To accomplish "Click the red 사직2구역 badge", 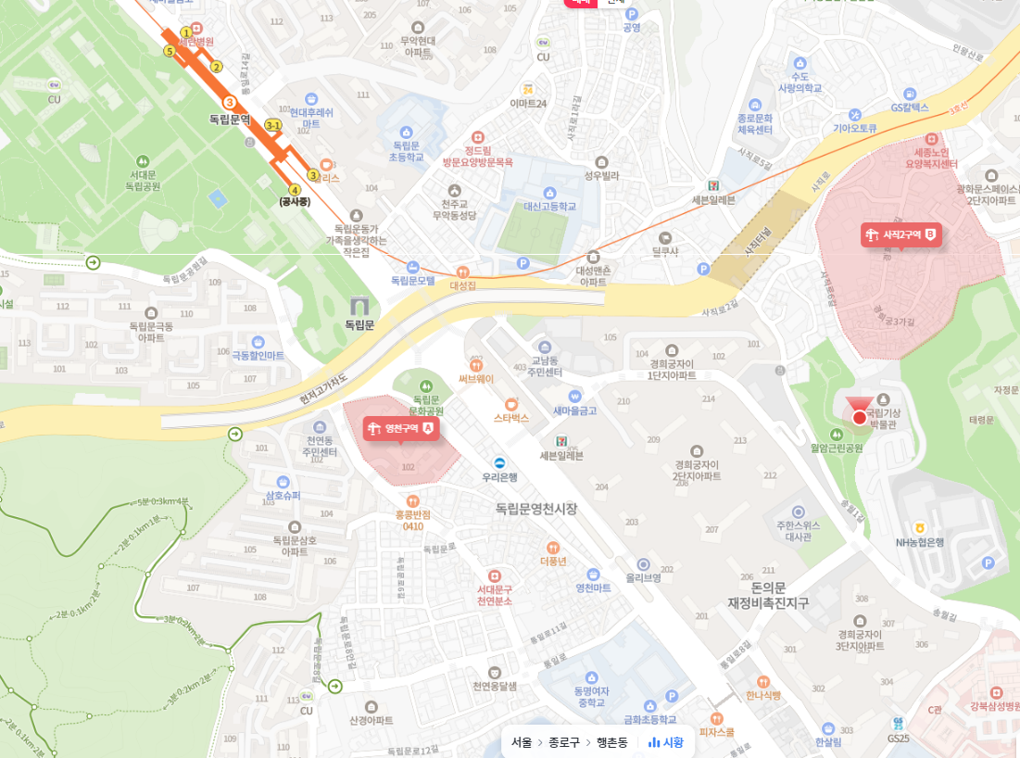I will point(900,234).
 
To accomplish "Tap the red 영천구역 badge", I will point(400,428).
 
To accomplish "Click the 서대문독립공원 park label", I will point(144,180).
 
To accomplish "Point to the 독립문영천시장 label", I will point(535,509).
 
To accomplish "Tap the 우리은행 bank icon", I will point(499,462).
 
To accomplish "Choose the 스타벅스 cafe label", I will point(510,418).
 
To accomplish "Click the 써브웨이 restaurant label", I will point(476,378).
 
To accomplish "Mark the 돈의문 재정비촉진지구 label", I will point(768,595).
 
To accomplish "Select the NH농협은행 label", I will point(919,542).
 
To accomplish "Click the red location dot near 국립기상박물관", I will point(859,418).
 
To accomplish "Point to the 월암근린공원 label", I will point(836,448).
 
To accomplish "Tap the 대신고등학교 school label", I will point(549,207).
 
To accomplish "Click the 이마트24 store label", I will point(528,104).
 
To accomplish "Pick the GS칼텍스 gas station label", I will point(910,107).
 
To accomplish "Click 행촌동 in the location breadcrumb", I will point(611,742).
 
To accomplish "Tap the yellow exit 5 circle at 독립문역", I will point(170,51).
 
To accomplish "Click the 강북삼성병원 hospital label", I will point(994,706).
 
